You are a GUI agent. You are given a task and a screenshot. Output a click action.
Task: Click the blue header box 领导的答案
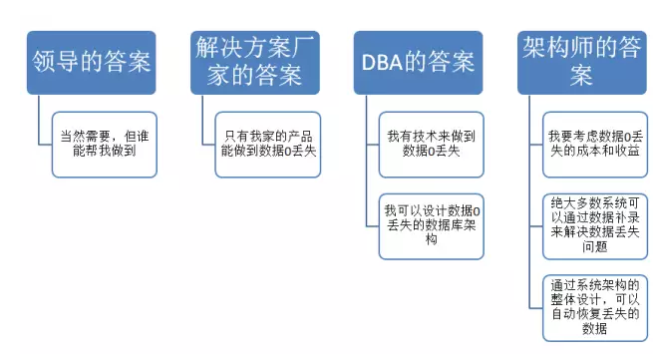pyautogui.click(x=91, y=62)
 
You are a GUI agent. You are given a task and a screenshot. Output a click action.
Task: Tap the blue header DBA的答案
pyautogui.click(x=418, y=62)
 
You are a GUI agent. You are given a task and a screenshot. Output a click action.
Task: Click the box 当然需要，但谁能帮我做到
pyautogui.click(x=105, y=144)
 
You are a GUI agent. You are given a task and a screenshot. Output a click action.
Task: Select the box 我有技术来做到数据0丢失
pyautogui.click(x=432, y=144)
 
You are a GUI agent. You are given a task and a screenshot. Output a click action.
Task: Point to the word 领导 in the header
pyautogui.click(x=63, y=62)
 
